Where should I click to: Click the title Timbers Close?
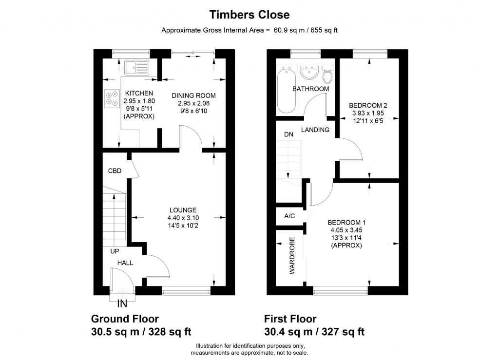249,15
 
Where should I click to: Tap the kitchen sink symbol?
136,68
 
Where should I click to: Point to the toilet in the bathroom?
327,75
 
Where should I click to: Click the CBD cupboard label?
115,171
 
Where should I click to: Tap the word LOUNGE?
183,210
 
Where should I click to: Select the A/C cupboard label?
289,216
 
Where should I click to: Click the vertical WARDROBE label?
292,256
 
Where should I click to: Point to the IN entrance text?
122,304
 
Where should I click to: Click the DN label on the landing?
288,134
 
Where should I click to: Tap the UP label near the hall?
115,251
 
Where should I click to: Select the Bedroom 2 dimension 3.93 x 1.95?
368,113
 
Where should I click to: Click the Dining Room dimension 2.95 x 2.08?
194,103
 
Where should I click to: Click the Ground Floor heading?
125,319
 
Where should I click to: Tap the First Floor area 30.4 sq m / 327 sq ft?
314,332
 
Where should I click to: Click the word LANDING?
315,130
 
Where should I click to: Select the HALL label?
125,263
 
